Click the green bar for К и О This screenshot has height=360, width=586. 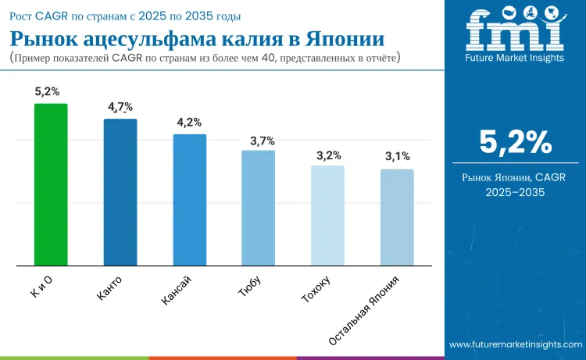51,184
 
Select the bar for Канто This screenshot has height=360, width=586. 120,192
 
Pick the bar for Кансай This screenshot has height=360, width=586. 189,200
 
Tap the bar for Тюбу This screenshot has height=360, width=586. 258,208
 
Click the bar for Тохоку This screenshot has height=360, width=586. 327,216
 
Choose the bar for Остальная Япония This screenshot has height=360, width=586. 397,217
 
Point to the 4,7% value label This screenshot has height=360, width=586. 120,107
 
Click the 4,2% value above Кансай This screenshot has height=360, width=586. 189,123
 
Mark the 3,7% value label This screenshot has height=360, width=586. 258,141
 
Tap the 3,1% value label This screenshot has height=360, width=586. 397,157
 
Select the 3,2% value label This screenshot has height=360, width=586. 327,155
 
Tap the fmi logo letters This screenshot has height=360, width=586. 515,31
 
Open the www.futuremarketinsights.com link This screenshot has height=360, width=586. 515,344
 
